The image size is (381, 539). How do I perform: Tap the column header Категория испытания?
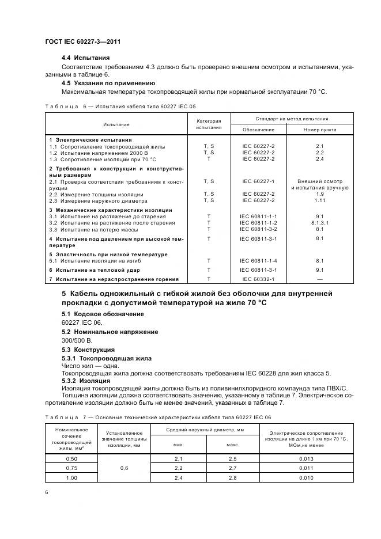click(x=209, y=124)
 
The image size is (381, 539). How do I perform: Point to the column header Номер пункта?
click(x=320, y=130)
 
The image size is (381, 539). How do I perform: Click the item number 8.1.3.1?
click(x=320, y=223)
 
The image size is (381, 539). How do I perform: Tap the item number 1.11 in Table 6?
click(x=320, y=200)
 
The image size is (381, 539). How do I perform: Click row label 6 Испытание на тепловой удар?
click(x=93, y=270)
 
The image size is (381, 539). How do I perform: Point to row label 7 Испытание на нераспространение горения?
click(x=114, y=279)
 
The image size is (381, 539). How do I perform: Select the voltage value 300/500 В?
click(x=77, y=340)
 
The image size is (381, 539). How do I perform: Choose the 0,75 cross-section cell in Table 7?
click(x=71, y=469)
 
